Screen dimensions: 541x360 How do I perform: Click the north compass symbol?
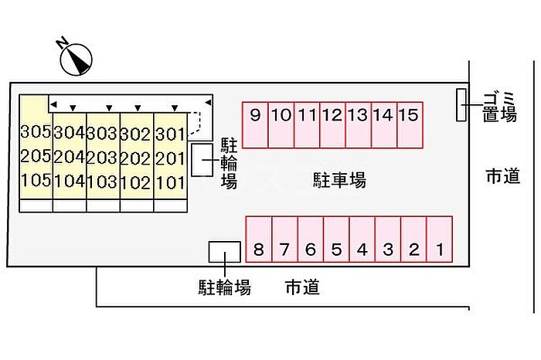(76, 59)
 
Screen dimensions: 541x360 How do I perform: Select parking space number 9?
(255, 125)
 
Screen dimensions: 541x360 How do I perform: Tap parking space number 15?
(410, 125)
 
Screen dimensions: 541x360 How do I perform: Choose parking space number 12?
(332, 125)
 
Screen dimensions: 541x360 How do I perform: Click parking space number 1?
(440, 239)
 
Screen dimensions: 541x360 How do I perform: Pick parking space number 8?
(259, 239)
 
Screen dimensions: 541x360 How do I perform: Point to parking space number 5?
(336, 239)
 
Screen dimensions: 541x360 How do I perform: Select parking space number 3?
(388, 239)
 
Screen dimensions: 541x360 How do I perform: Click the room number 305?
(36, 131)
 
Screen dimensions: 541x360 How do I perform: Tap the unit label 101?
(171, 182)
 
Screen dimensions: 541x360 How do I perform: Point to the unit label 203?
(103, 158)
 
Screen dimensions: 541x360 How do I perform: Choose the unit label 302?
(135, 134)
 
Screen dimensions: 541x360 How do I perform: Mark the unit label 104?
(69, 181)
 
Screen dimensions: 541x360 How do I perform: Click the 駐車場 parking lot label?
(339, 180)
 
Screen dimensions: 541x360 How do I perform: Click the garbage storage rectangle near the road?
(461, 105)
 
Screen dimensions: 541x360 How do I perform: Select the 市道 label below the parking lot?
(303, 287)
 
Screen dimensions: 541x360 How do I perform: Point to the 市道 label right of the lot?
(503, 176)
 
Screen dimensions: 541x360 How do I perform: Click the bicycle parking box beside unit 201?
(202, 161)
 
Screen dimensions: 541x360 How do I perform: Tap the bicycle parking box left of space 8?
(225, 252)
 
